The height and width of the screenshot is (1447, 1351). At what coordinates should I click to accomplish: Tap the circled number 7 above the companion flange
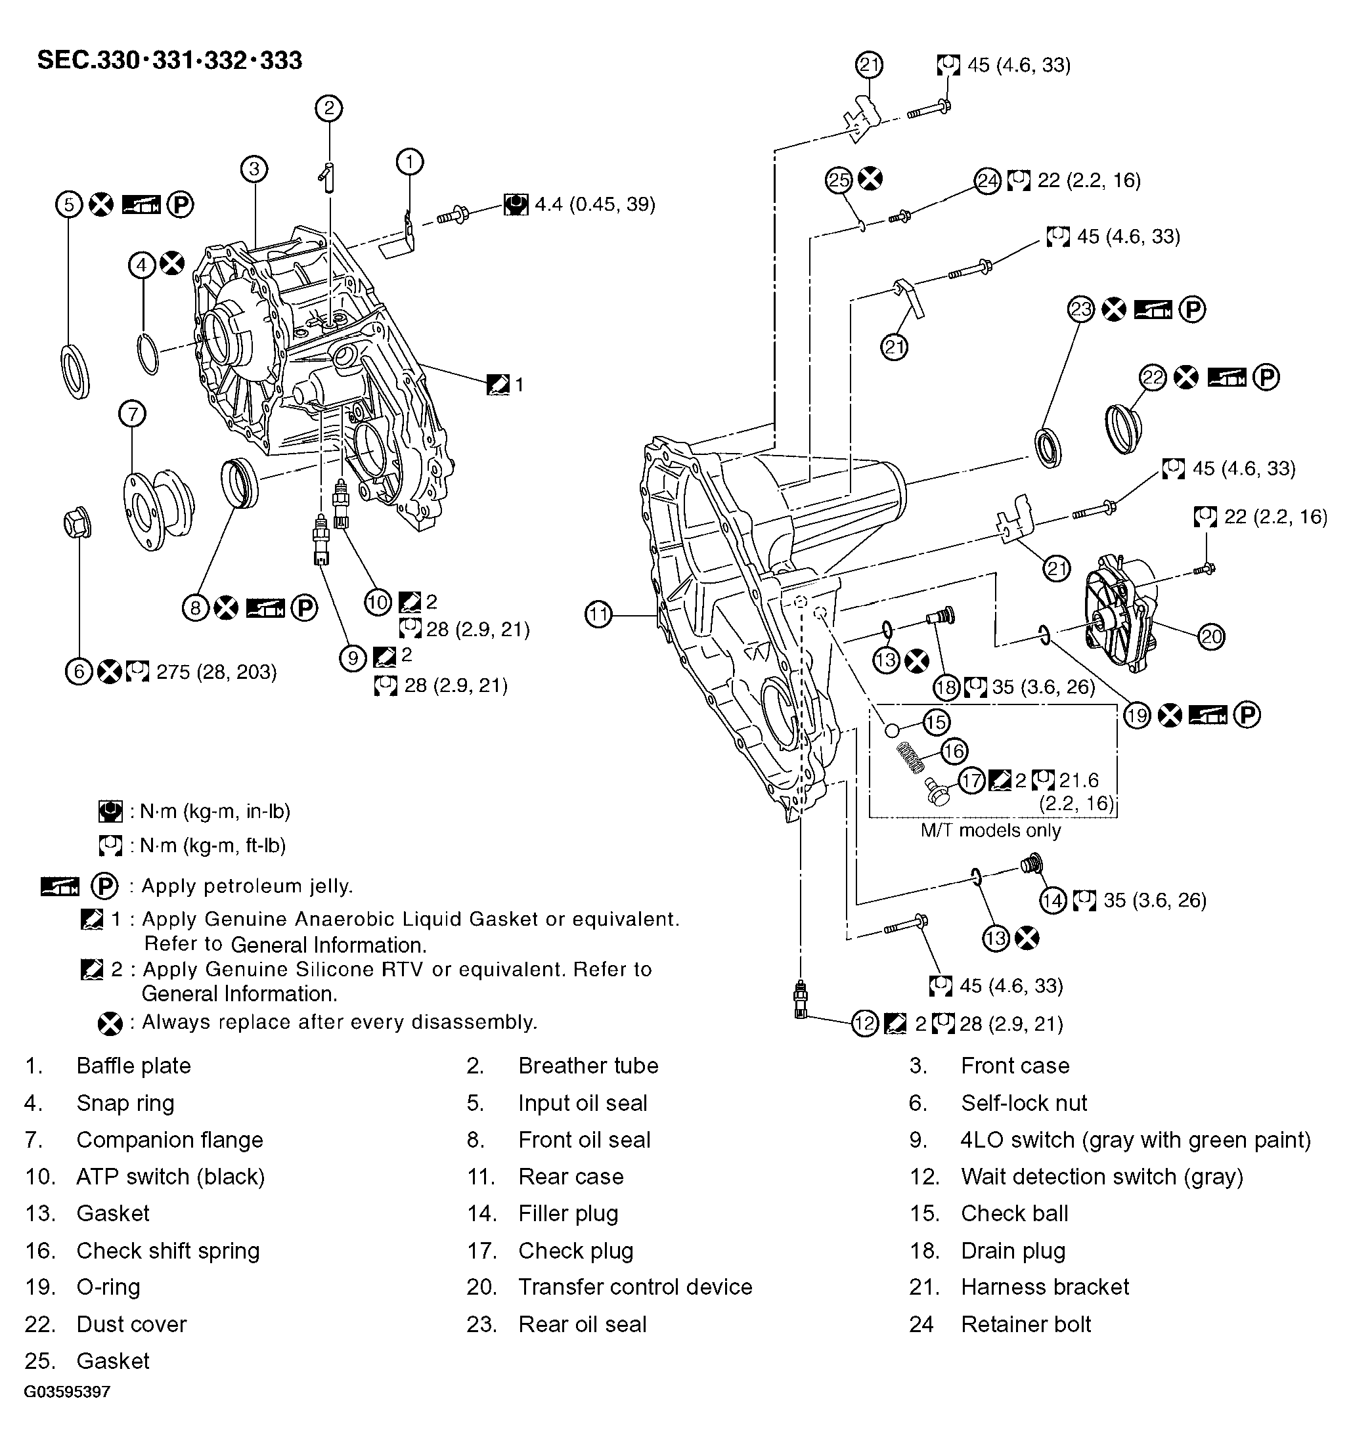132,414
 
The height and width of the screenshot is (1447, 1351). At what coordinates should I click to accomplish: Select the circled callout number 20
1211,637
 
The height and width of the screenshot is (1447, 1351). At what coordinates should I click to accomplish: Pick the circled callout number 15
936,722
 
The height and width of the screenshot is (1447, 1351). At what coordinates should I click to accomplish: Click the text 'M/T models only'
990,831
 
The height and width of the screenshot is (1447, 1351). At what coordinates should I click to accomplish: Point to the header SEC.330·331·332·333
169,60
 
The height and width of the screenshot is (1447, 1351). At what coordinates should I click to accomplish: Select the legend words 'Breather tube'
588,1066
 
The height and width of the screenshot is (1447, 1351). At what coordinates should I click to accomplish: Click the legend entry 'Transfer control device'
635,1287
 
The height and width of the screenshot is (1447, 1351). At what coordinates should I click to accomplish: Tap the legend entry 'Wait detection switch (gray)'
1101,1177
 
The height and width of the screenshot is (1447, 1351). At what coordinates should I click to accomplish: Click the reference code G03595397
67,1392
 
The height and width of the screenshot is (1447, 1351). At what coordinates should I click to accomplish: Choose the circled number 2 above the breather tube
329,108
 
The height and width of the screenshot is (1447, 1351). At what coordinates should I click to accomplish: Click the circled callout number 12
864,1024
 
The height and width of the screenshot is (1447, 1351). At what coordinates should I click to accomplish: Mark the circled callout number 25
839,180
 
